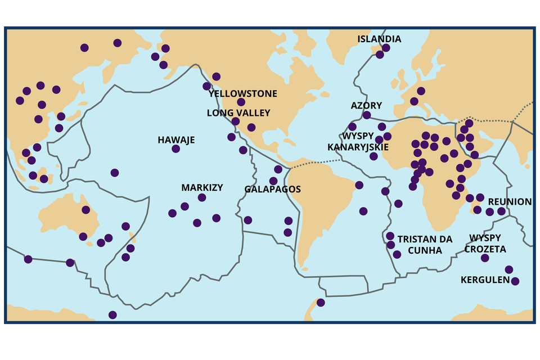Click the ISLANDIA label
380,39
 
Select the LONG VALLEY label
238,113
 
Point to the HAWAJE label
176,139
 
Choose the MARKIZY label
202,187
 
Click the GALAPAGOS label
273,190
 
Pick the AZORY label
366,105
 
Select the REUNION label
510,201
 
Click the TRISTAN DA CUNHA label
425,244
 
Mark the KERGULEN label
485,280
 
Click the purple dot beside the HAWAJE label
176,149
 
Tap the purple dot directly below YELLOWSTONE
241,102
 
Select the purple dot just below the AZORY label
367,115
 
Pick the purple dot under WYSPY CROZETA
485,258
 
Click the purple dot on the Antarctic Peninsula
321,303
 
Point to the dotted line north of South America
315,163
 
